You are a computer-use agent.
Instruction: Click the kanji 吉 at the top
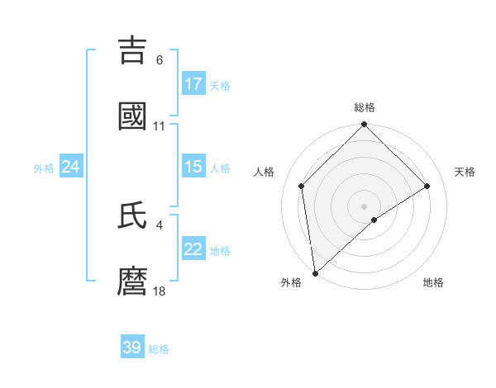coord(133,50)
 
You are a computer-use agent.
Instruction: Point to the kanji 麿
coord(133,282)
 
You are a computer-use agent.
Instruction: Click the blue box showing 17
coord(193,84)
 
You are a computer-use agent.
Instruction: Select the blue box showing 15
coord(193,167)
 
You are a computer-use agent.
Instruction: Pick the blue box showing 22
coord(193,249)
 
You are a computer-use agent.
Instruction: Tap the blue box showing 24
coord(71,167)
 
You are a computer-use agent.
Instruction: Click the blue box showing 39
coord(132,348)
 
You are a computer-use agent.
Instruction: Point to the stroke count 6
coord(160,60)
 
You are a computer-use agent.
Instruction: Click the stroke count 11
coord(160,126)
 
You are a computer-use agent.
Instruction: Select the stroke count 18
coord(160,291)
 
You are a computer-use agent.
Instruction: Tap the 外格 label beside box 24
coord(44,168)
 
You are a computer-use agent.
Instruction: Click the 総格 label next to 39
coord(159,349)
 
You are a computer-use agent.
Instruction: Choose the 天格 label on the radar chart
coord(465,172)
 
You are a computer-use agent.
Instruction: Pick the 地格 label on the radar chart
coord(433,282)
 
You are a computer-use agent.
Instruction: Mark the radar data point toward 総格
coord(364,125)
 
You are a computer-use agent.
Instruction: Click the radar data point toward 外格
coord(315,273)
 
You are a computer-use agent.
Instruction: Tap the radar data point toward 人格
coord(302,186)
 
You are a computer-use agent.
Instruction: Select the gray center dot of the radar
coord(364,206)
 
